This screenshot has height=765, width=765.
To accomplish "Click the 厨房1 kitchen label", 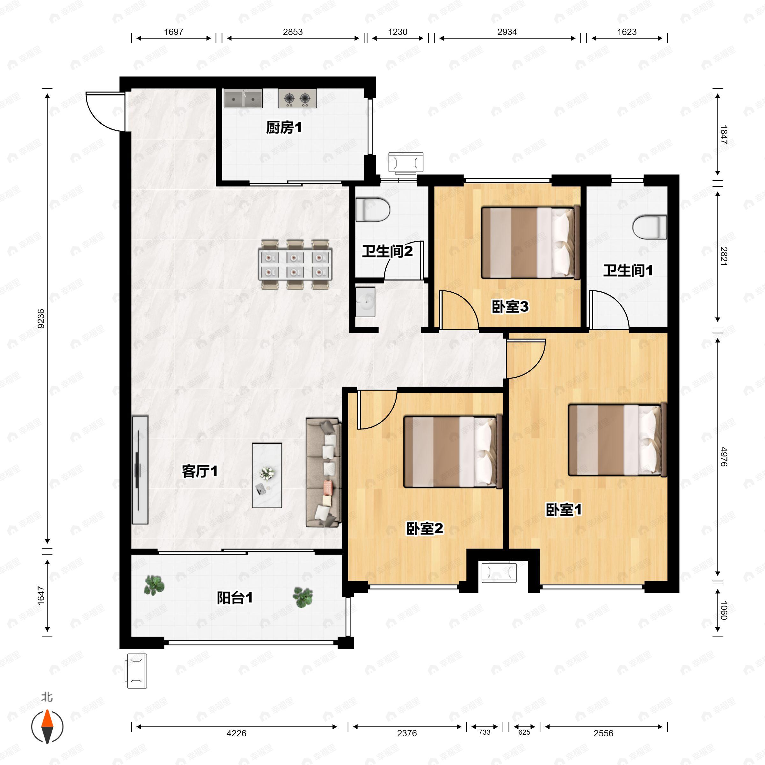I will click(x=283, y=127).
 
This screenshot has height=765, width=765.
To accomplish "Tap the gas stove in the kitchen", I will click(x=297, y=98).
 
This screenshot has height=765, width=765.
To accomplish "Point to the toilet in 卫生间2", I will click(x=372, y=210).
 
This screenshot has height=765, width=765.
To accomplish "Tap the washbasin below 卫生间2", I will click(x=365, y=302).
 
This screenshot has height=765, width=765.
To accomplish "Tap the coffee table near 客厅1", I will click(x=267, y=475).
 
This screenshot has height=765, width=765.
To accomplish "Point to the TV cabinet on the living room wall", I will click(x=140, y=470).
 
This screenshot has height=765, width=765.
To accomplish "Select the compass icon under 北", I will click(x=47, y=727).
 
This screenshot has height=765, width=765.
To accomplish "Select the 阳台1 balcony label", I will click(x=234, y=598).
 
